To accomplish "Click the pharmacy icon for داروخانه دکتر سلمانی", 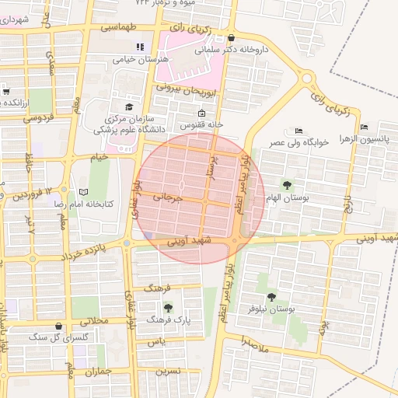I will click(231, 37).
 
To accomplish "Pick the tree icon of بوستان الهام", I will click(288, 185).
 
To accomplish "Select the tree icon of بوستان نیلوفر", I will click(271, 296).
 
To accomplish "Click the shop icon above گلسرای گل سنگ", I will click(58, 326).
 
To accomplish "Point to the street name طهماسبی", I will click(120, 26).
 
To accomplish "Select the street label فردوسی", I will click(38, 119).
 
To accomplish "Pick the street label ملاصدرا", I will click(254, 341).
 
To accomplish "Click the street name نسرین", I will click(168, 371).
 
